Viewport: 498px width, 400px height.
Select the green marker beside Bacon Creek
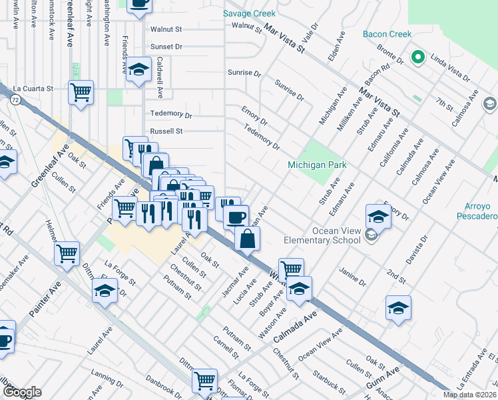418,57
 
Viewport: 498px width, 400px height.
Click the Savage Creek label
249,13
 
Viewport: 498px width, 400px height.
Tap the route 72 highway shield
15,99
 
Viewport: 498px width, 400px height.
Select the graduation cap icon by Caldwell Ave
139,70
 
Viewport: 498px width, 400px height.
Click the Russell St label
166,131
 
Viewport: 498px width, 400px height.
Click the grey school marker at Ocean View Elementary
371,235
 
